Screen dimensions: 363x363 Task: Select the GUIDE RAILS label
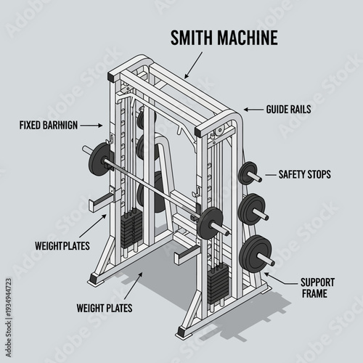(x=289, y=110)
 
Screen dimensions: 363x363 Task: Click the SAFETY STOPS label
(x=305, y=174)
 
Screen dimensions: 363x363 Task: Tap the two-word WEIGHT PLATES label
(x=104, y=307)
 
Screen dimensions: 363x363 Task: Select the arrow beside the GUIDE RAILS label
(x=252, y=110)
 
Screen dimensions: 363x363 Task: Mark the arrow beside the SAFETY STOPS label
(x=268, y=174)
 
